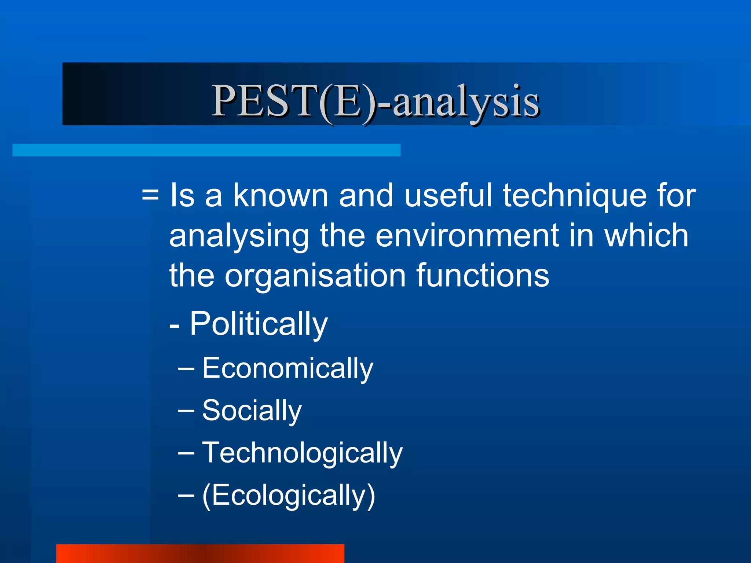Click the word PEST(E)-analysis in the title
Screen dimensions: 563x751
(x=375, y=101)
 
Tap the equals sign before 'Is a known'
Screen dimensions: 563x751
(x=150, y=196)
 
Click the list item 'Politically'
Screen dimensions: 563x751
(x=258, y=324)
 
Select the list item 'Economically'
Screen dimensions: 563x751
(x=287, y=369)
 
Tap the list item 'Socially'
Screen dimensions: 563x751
(x=252, y=411)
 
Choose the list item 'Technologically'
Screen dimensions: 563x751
(x=302, y=453)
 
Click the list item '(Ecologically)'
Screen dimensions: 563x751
(x=289, y=496)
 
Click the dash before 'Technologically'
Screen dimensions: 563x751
(x=186, y=453)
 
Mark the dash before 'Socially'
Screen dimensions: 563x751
(x=186, y=411)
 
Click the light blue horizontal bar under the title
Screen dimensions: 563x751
(x=206, y=150)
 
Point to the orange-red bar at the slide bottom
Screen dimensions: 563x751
(x=200, y=553)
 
